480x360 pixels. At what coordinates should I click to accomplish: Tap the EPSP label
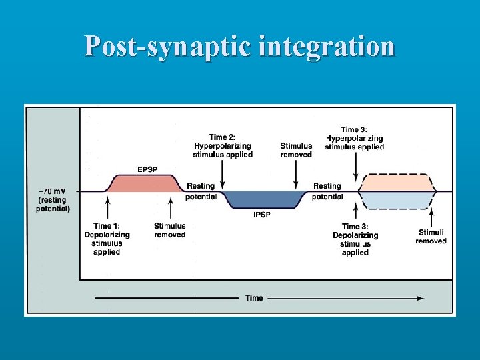click(147, 169)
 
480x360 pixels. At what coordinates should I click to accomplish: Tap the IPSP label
click(261, 215)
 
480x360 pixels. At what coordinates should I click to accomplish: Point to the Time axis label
click(254, 298)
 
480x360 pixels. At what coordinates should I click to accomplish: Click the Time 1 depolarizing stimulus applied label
click(107, 239)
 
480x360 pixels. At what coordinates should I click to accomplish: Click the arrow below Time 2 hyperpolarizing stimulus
click(223, 174)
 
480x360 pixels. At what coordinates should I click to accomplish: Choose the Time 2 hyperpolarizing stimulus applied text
click(223, 146)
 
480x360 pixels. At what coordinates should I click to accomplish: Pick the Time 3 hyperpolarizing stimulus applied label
click(355, 138)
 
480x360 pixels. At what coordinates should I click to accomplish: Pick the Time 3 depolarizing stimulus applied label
click(355, 239)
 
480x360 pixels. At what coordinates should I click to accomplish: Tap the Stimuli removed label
click(431, 236)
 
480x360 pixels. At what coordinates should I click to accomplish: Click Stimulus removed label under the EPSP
click(169, 230)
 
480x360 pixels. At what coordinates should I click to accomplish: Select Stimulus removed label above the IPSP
click(296, 150)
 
